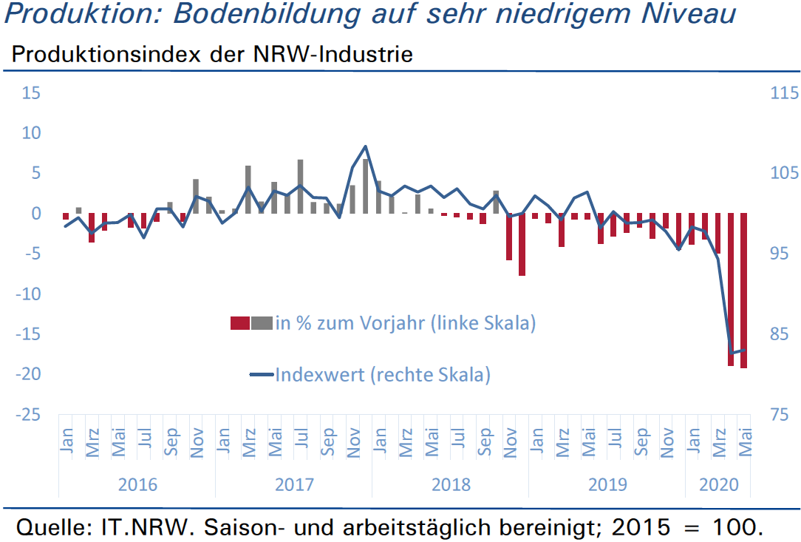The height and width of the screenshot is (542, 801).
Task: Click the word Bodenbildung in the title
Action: (x=267, y=14)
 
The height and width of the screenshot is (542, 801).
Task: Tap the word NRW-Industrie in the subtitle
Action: (x=333, y=54)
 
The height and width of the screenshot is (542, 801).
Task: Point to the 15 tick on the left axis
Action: (x=30, y=93)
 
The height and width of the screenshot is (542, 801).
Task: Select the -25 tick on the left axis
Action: (x=28, y=414)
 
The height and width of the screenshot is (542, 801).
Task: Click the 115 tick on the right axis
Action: (x=784, y=93)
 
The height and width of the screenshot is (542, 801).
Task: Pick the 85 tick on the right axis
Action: (x=780, y=334)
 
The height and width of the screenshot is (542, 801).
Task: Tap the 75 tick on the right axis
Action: (x=780, y=414)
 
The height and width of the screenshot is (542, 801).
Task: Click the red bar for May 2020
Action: (x=744, y=291)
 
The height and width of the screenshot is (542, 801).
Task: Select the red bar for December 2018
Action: (x=522, y=245)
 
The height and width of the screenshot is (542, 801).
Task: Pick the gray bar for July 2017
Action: (x=300, y=186)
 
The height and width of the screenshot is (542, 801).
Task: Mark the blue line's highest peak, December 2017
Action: (x=365, y=146)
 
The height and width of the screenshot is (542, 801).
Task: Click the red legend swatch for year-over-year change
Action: (x=240, y=323)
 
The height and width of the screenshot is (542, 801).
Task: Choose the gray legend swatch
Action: (x=262, y=323)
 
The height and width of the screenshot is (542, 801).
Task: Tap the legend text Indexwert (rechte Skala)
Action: (x=383, y=375)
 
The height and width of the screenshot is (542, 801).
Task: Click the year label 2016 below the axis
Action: (x=137, y=484)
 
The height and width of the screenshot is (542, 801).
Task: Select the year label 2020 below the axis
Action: (x=719, y=484)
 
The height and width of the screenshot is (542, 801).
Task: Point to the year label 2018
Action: (x=451, y=484)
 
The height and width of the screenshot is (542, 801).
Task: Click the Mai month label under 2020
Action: (x=745, y=442)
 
